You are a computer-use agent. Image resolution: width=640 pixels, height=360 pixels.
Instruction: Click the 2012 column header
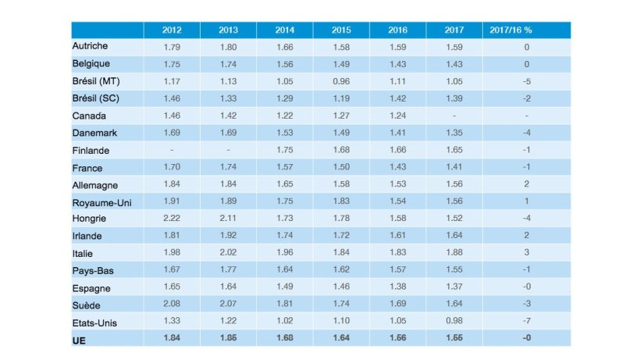[x=172, y=30]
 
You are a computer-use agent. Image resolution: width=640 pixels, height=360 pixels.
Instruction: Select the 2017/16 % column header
[x=526, y=30]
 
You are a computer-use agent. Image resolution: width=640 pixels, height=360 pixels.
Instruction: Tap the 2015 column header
[x=341, y=30]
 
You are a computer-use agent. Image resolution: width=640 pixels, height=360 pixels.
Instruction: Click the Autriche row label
[x=90, y=46]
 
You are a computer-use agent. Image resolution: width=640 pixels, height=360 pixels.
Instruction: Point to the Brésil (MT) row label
[x=95, y=80]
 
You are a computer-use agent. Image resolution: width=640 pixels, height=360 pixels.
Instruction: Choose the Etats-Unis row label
[x=94, y=322]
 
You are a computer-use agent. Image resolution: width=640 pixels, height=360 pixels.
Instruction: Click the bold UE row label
[x=78, y=340]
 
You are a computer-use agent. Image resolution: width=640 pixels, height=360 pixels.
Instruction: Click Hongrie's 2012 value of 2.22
[x=172, y=219]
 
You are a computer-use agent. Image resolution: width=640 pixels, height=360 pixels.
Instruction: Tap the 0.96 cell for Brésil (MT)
[x=341, y=81]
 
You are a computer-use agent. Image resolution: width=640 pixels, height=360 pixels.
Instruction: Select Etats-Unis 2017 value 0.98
[x=454, y=322]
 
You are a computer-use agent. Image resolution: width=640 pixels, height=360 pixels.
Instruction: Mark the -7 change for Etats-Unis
[x=526, y=322]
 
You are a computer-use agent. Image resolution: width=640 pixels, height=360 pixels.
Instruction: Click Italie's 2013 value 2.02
[x=228, y=253]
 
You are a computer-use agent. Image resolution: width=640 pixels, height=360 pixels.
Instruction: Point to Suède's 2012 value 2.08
[x=172, y=305]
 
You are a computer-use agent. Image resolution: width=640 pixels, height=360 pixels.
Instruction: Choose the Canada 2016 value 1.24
[x=398, y=116]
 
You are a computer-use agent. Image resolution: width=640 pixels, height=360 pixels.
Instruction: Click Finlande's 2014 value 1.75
[x=285, y=150]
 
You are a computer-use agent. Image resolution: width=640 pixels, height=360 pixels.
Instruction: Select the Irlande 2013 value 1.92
[x=228, y=236]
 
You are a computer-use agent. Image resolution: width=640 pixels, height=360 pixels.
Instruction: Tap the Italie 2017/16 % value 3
[x=526, y=253]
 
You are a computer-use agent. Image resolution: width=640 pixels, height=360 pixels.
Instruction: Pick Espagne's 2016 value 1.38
[x=398, y=287]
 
